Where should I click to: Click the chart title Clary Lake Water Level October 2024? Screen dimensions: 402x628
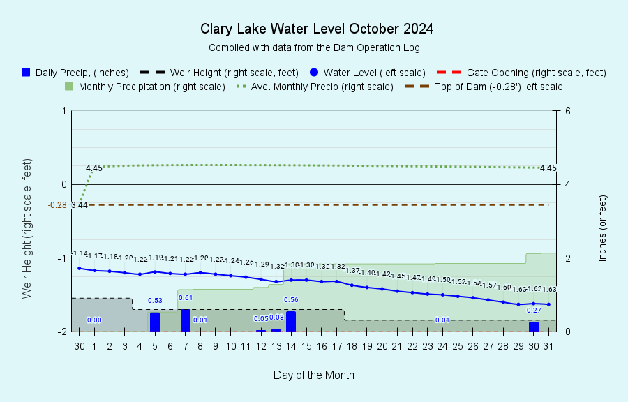(x=317, y=29)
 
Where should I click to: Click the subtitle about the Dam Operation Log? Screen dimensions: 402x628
(x=314, y=47)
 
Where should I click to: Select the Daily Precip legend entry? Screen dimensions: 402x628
(x=75, y=72)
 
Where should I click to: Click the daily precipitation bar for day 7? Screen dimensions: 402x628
(x=186, y=320)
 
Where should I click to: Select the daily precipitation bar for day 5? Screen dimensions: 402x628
(x=155, y=322)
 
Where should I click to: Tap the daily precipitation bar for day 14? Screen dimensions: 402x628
(x=291, y=321)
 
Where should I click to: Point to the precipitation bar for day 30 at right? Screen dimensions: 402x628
(x=534, y=327)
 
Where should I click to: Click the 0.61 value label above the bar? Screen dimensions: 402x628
(x=186, y=298)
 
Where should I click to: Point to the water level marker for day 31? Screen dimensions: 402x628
(x=549, y=304)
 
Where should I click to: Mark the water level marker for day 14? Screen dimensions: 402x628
(x=291, y=280)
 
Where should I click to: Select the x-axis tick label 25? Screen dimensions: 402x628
(x=458, y=346)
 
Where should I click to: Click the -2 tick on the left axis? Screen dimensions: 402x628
(x=62, y=332)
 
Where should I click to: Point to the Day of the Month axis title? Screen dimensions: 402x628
(x=314, y=375)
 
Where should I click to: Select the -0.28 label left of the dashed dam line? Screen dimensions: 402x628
(x=57, y=204)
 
